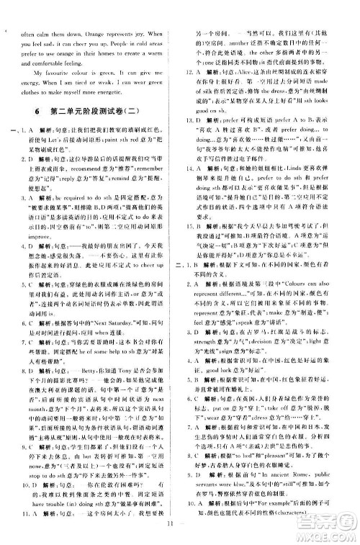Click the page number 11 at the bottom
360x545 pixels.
click(180, 533)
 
